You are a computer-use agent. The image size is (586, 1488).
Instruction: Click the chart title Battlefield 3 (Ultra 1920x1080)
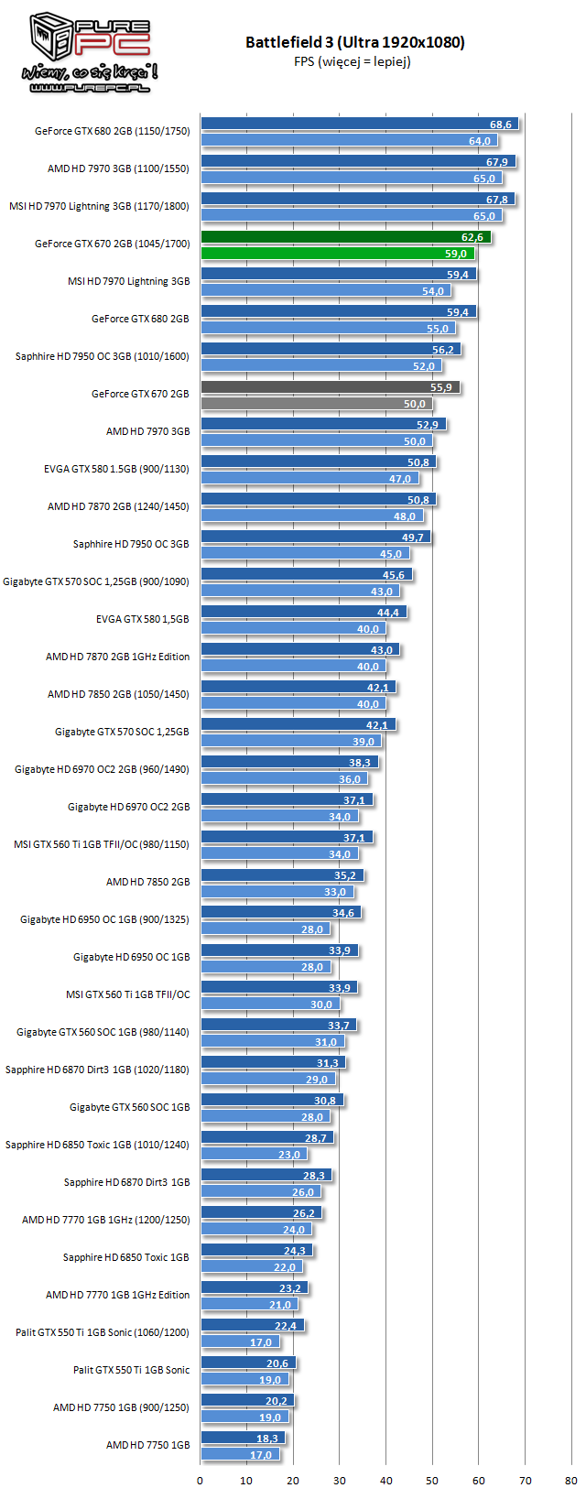tap(354, 42)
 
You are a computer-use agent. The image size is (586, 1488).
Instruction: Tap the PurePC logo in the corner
tap(89, 53)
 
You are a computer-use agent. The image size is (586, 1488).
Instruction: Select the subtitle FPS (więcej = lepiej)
tap(353, 61)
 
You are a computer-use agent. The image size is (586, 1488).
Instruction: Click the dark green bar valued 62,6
tap(345, 237)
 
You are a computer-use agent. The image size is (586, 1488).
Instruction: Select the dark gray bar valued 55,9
tap(330, 387)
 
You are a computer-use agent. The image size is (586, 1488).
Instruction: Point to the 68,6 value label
tap(501, 125)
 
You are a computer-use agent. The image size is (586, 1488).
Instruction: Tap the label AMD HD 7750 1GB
tap(147, 1445)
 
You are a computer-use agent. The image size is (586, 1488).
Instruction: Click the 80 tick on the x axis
tap(571, 1480)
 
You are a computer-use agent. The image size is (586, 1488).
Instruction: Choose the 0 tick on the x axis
tap(201, 1480)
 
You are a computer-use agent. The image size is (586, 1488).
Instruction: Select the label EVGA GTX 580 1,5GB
tap(142, 619)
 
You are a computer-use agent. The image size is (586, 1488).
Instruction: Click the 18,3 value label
tap(266, 1439)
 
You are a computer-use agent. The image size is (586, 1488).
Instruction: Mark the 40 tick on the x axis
tap(386, 1480)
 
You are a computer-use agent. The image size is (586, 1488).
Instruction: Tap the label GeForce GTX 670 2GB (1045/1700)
tap(112, 244)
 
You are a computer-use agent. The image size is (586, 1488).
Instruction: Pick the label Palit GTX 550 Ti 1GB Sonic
tap(131, 1370)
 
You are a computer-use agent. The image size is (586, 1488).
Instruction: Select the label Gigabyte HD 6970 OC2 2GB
tap(128, 807)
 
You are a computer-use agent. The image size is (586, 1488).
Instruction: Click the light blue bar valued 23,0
tap(254, 1155)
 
